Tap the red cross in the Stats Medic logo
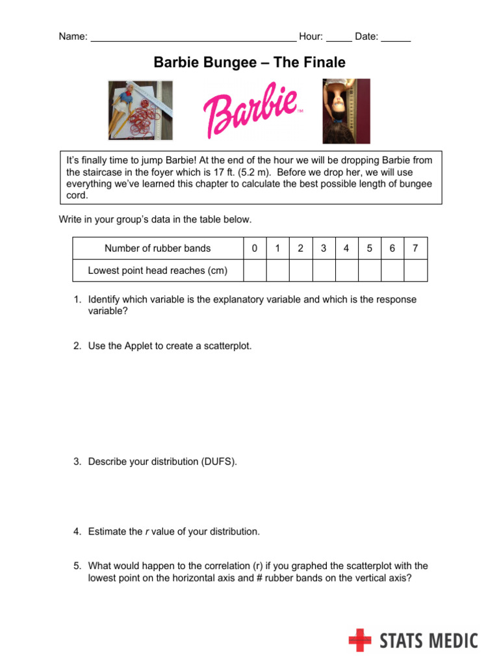click(x=360, y=640)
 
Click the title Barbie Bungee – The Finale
click(x=249, y=62)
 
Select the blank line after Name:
click(x=193, y=38)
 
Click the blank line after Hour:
click(x=339, y=38)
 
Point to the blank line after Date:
click(x=396, y=38)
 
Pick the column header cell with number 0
click(x=254, y=248)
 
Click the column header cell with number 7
click(x=415, y=248)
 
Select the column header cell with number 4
click(x=346, y=248)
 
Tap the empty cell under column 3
click(x=324, y=271)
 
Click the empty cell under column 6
click(x=392, y=271)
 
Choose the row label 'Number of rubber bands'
click(x=157, y=248)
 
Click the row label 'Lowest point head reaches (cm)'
click(x=157, y=271)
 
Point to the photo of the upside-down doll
click(x=346, y=111)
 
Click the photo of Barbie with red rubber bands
click(x=140, y=110)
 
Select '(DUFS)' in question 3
click(x=220, y=462)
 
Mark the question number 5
click(x=77, y=566)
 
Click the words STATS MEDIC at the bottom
click(x=428, y=641)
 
